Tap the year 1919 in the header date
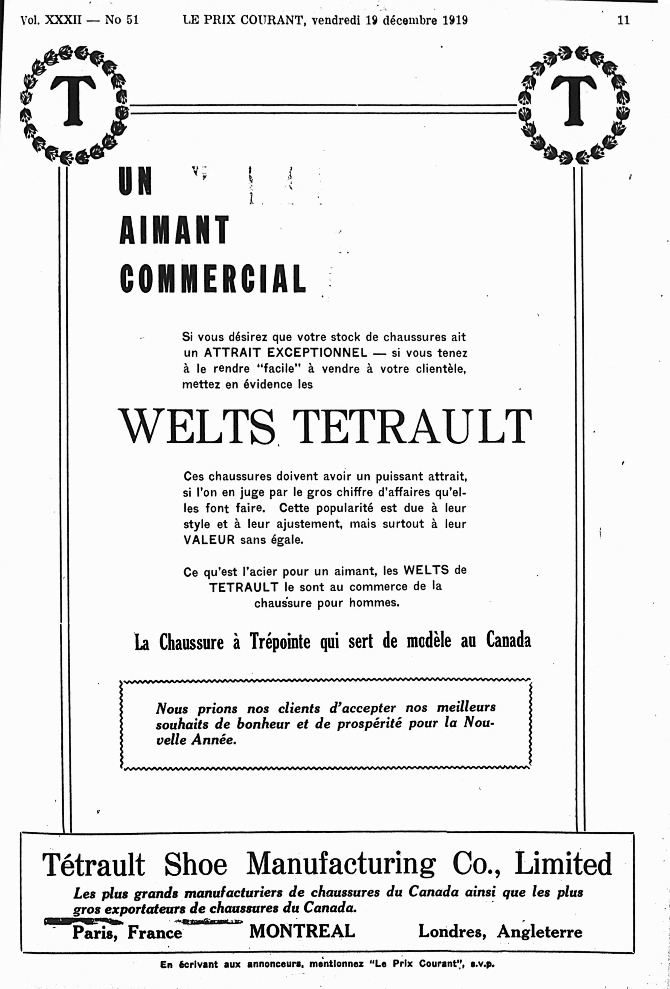pos(454,20)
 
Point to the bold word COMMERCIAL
pos(213,279)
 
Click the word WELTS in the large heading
pos(196,427)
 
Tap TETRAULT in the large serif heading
pos(412,427)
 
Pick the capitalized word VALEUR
pos(209,540)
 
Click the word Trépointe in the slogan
pos(280,642)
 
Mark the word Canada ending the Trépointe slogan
pos(509,641)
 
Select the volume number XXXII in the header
pos(63,20)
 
